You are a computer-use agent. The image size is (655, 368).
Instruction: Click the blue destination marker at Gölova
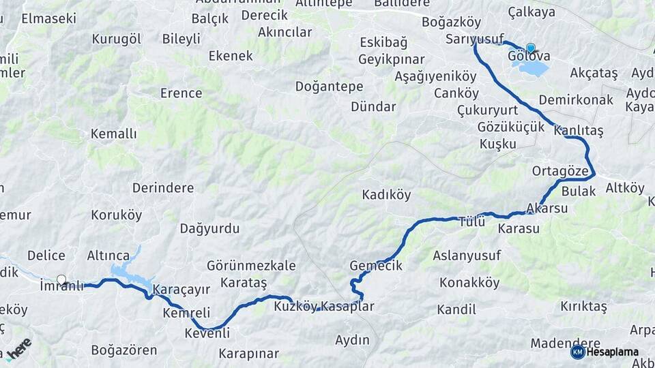click(x=530, y=48)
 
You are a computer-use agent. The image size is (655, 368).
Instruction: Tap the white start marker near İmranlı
click(x=61, y=279)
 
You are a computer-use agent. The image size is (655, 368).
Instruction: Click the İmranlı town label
click(x=61, y=286)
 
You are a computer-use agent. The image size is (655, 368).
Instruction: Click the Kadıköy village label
click(x=386, y=195)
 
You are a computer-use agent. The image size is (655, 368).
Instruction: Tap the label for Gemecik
click(x=376, y=266)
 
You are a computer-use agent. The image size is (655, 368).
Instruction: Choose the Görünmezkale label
click(x=251, y=266)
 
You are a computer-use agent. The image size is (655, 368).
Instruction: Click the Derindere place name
click(x=163, y=188)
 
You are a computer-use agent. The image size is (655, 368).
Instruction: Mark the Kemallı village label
click(x=114, y=134)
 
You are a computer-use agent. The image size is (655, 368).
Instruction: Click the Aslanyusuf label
click(x=467, y=256)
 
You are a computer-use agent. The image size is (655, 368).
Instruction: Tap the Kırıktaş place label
click(x=583, y=307)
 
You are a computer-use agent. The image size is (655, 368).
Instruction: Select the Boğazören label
click(x=124, y=351)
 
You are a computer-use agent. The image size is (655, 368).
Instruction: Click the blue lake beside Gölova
click(x=534, y=69)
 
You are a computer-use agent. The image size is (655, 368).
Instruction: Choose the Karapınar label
click(x=248, y=354)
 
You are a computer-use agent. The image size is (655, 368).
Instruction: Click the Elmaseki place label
click(x=48, y=18)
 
